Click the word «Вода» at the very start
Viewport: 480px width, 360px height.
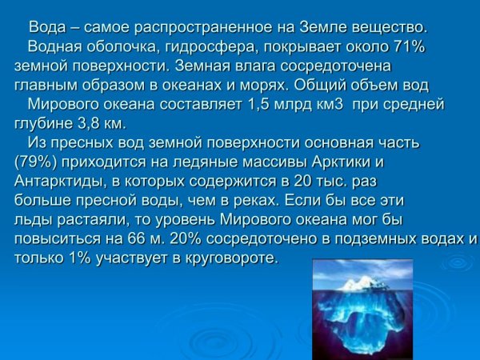tap(46, 29)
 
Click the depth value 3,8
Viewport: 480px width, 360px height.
tap(82, 123)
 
